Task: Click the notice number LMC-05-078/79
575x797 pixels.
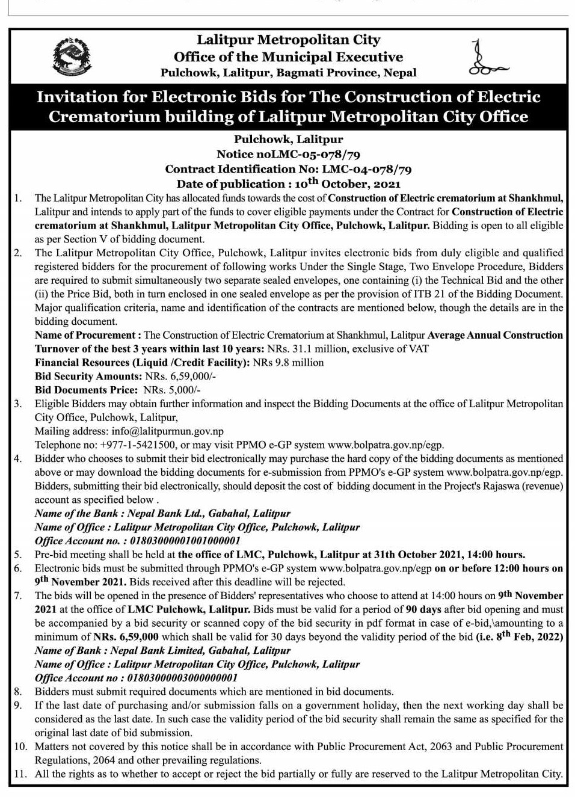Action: [318, 154]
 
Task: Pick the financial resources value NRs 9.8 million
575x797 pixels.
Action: [288, 363]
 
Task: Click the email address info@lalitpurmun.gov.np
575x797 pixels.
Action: [168, 431]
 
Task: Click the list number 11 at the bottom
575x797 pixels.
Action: [20, 774]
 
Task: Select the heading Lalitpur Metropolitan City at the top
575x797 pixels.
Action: [288, 40]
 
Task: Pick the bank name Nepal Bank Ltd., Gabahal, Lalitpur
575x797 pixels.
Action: [209, 514]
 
